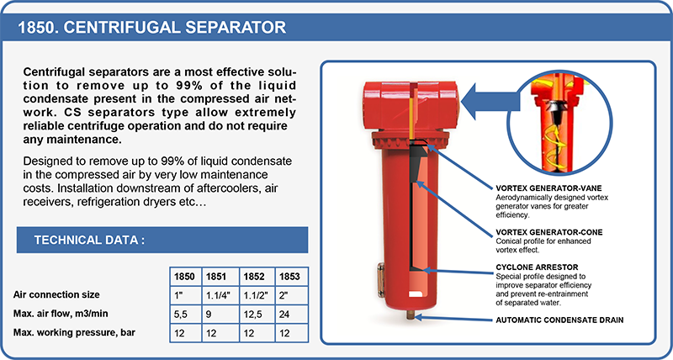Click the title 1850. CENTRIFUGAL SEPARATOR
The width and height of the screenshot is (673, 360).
pyautogui.click(x=152, y=28)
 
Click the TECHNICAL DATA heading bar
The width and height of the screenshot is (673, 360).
pyautogui.click(x=162, y=240)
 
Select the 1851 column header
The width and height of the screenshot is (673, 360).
pyautogui.click(x=221, y=277)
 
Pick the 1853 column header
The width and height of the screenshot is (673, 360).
pyautogui.click(x=291, y=277)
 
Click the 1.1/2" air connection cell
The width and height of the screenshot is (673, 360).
pyautogui.click(x=257, y=295)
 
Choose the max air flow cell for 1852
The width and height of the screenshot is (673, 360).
pyautogui.click(x=257, y=314)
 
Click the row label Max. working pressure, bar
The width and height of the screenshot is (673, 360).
pyautogui.click(x=75, y=332)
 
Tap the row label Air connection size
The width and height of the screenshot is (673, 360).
pyautogui.click(x=56, y=295)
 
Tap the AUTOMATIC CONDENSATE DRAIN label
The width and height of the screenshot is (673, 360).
pyautogui.click(x=559, y=320)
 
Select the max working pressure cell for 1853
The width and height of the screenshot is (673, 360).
pyautogui.click(x=291, y=333)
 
